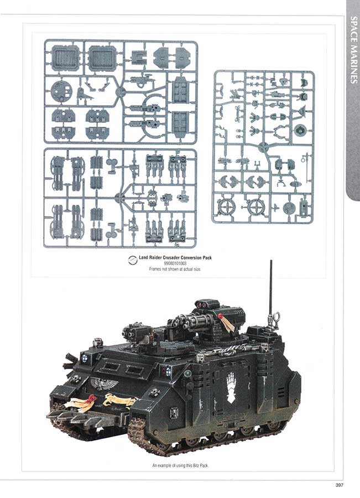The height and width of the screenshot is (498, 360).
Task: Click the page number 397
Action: coord(340,485)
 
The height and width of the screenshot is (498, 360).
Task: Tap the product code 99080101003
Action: coord(175,263)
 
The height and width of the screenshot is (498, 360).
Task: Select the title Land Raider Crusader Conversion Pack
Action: coord(175,257)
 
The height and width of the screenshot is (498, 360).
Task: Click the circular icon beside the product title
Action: coord(132,260)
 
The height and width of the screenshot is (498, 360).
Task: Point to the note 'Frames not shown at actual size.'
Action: coord(175,269)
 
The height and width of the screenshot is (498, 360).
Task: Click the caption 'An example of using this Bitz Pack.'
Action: coord(181,465)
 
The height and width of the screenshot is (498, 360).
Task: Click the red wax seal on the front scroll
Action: coord(91,398)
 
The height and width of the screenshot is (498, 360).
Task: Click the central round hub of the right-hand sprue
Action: coord(263,147)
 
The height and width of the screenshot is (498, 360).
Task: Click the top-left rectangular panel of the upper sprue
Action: coord(65,58)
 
